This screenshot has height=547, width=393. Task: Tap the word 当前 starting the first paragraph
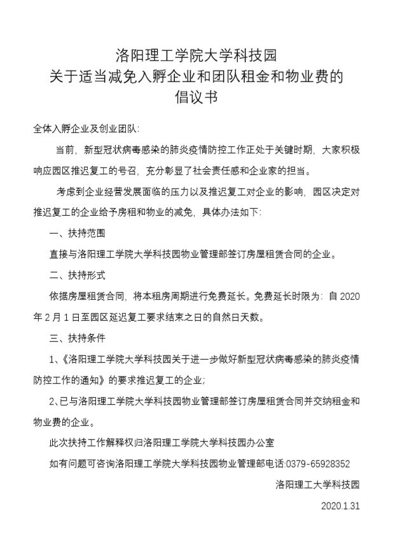click(64, 150)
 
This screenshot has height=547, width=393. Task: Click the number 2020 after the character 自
click(347, 296)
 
